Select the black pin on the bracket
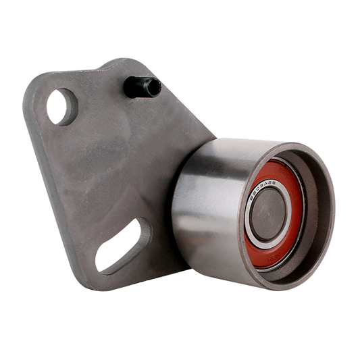(140, 87)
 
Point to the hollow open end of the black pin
(153, 87)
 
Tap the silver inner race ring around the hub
(251, 230)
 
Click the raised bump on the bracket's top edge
(115, 64)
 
